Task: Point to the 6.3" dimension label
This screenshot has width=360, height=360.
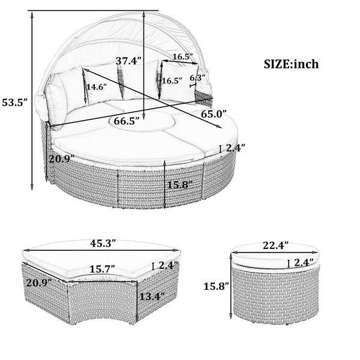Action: [x=196, y=78]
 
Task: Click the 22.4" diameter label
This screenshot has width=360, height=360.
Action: [x=275, y=245]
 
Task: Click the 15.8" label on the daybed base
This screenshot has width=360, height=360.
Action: [x=181, y=185]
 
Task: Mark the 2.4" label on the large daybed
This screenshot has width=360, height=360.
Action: [x=235, y=148]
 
